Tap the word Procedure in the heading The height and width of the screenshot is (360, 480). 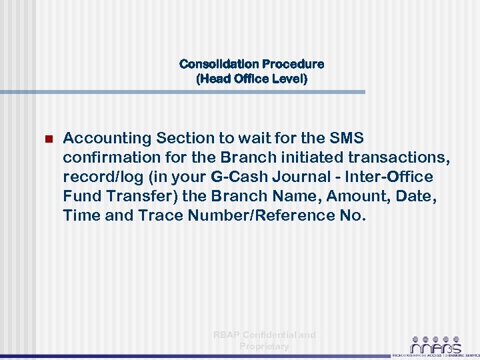coord(293,65)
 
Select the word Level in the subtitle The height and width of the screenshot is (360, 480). coord(287,79)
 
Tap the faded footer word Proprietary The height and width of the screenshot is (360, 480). coord(264,346)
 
